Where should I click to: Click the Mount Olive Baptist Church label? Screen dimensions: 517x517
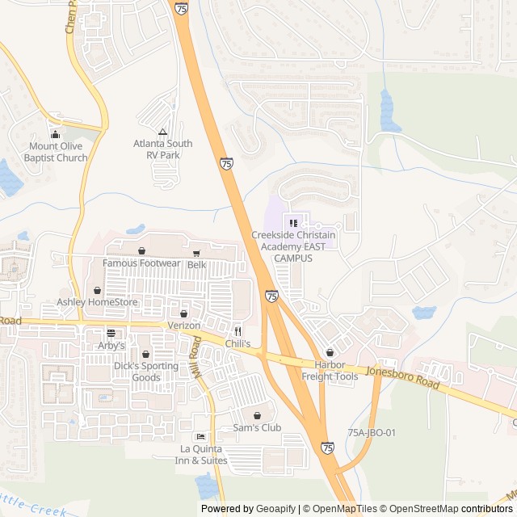(x=55, y=152)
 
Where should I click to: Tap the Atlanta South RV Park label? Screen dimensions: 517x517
(x=163, y=149)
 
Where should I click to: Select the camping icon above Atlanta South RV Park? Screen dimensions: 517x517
(x=163, y=132)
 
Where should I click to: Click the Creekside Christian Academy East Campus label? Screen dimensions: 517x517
(x=293, y=246)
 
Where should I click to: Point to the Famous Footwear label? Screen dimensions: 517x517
(x=141, y=263)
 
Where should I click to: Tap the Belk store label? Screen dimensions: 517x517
(x=197, y=265)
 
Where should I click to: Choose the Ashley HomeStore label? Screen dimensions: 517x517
(x=97, y=302)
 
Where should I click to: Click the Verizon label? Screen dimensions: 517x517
(x=183, y=325)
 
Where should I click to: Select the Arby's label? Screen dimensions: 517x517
(x=111, y=345)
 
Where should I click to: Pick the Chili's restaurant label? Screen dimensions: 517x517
(x=237, y=344)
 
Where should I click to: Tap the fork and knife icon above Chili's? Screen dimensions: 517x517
(x=237, y=331)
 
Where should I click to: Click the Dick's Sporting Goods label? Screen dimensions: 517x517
(x=146, y=372)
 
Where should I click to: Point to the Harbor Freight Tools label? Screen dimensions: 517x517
(x=330, y=371)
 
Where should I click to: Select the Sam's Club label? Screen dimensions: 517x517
(x=257, y=427)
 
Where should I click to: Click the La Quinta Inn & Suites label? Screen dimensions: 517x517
(x=203, y=455)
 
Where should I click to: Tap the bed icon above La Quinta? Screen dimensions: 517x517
(x=200, y=437)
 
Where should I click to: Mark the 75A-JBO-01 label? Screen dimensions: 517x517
(x=372, y=433)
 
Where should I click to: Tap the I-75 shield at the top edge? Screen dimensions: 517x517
(x=181, y=8)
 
